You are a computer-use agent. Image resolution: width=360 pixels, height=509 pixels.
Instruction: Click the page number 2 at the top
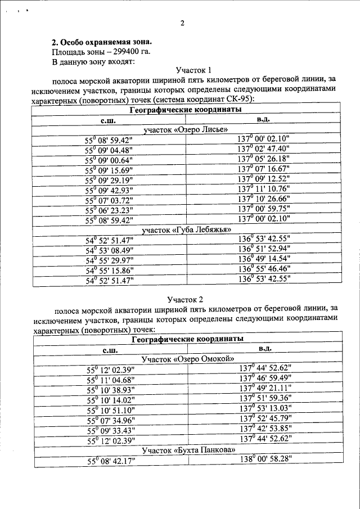(182, 23)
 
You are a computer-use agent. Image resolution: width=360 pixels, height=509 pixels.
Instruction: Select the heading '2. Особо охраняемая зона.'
(101, 42)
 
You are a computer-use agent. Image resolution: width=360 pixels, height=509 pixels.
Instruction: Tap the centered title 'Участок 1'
(192, 71)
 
